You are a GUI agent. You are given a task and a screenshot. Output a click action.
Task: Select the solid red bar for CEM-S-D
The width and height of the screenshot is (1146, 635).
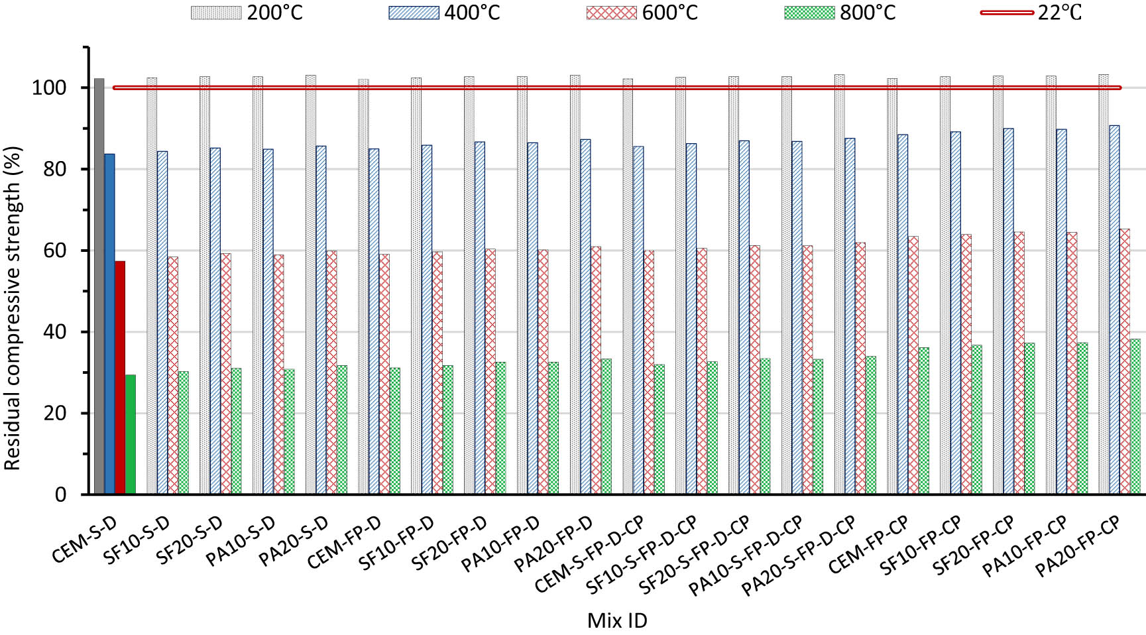click(120, 377)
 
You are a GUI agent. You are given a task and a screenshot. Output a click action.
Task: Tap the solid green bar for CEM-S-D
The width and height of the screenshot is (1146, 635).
click(130, 434)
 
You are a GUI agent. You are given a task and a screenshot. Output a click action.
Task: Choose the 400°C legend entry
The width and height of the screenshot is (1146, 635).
click(445, 13)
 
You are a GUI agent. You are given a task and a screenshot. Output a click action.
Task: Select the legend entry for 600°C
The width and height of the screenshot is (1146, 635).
click(642, 13)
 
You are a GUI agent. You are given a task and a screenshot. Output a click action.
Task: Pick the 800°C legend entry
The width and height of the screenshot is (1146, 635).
click(840, 13)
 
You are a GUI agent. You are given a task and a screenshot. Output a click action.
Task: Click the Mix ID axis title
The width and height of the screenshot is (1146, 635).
click(616, 621)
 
